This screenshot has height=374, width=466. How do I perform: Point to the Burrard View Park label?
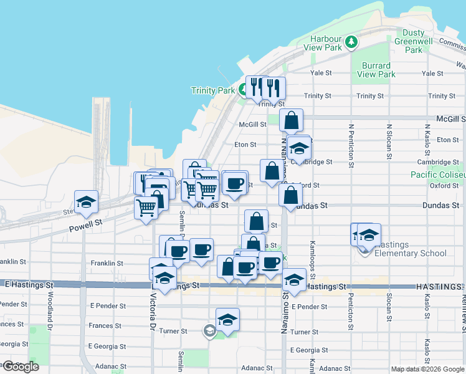click(x=376, y=70)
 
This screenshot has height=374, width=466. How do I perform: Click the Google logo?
click(x=20, y=367)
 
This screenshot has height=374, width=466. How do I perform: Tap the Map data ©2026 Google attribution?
click(x=427, y=369)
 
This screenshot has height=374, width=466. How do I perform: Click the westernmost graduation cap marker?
click(x=86, y=202)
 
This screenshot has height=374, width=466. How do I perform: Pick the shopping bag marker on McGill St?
click(x=291, y=120)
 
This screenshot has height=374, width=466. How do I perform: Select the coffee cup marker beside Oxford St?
click(x=235, y=183)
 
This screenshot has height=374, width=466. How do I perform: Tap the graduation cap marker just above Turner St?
click(x=228, y=320)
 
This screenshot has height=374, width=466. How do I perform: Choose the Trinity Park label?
click(x=213, y=90)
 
